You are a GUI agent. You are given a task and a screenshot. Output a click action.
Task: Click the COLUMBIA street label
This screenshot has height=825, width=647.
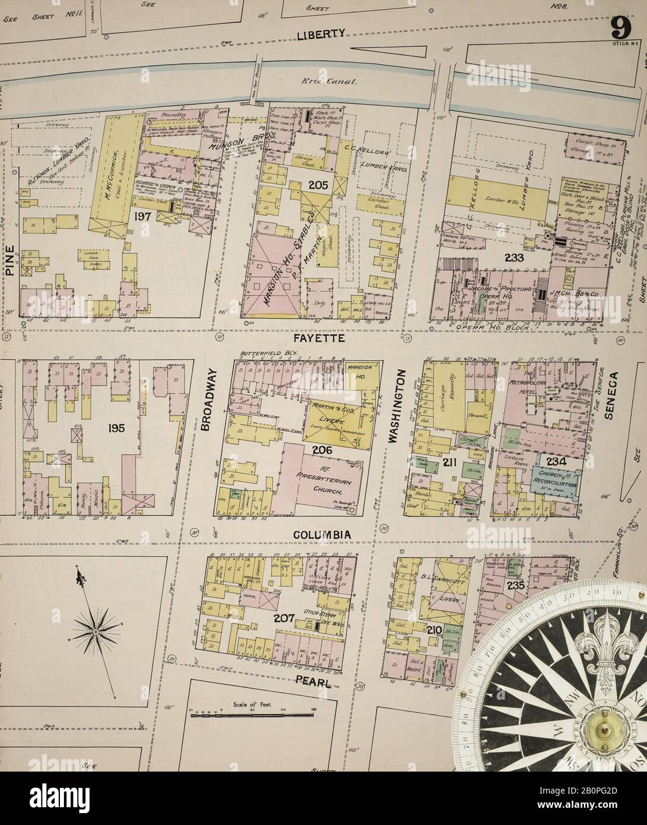tap(323, 535)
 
